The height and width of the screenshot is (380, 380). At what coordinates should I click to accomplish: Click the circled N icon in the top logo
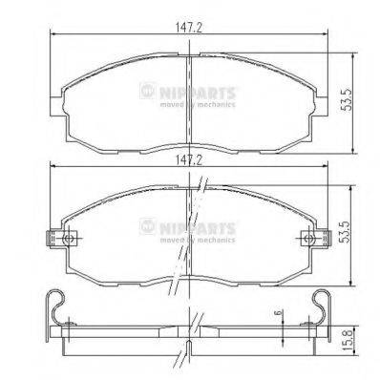(146, 92)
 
